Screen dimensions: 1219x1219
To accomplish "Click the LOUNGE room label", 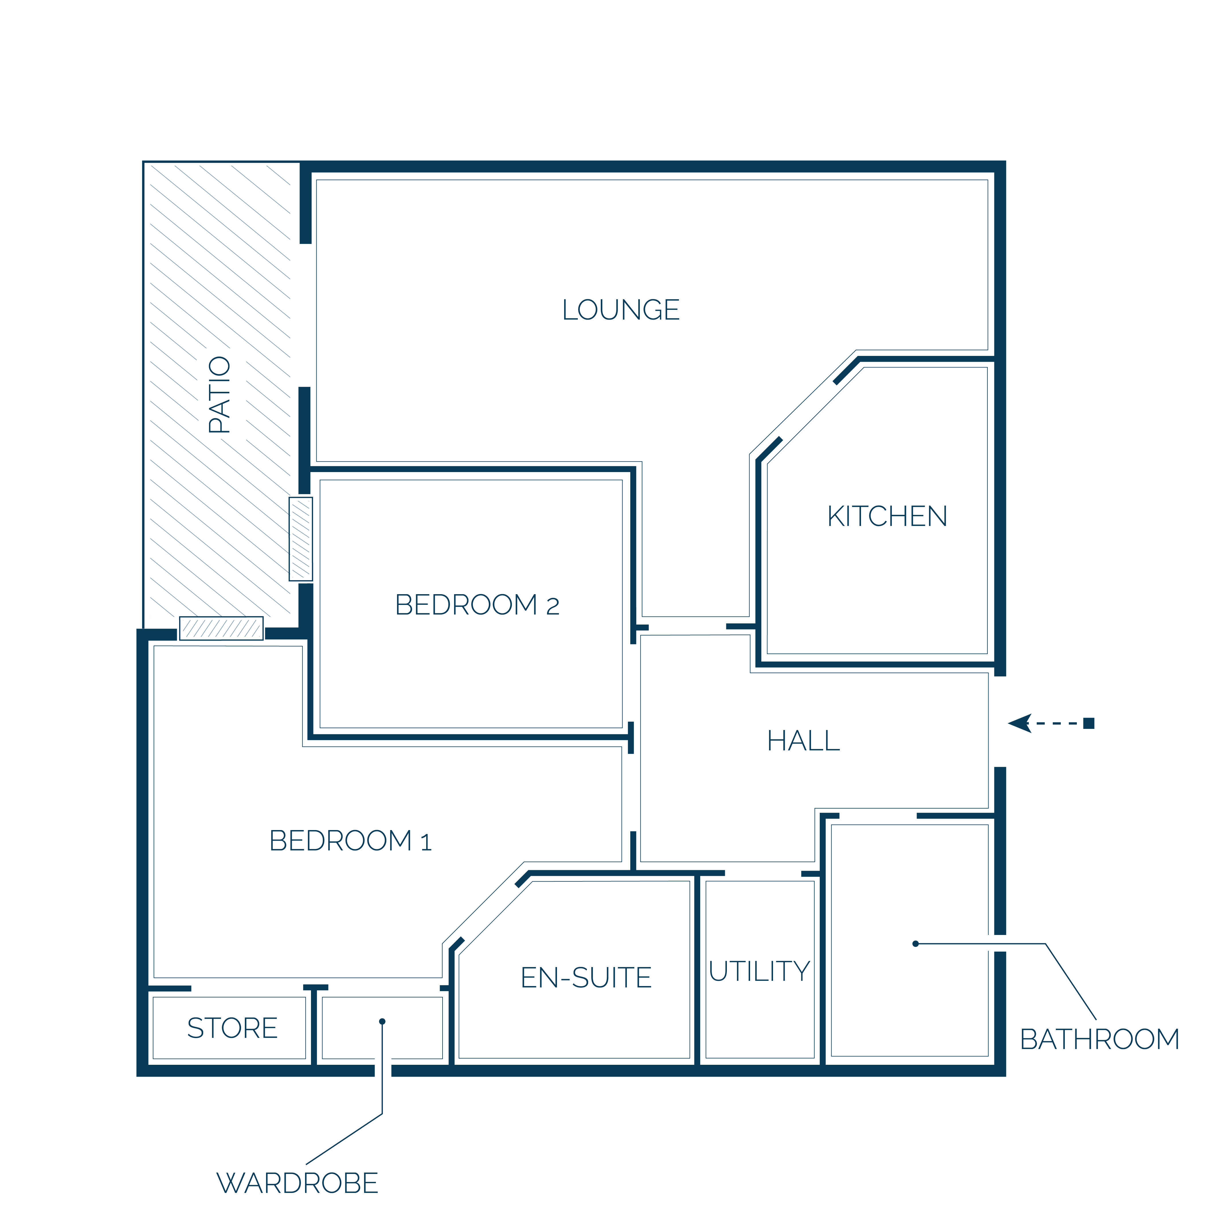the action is click(x=621, y=310).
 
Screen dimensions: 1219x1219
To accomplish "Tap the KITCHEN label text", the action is click(x=887, y=516).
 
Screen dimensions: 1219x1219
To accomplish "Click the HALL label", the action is click(x=803, y=741).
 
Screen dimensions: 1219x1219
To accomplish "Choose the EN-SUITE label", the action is click(x=586, y=977).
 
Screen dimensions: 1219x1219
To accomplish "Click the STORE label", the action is click(x=232, y=1028).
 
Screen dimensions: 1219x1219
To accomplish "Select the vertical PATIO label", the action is click(x=220, y=394).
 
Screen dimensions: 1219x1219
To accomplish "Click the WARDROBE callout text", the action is click(x=297, y=1183).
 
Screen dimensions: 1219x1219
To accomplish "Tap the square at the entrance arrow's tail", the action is click(x=1089, y=723).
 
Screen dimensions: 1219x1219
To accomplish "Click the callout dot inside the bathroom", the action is click(x=915, y=944).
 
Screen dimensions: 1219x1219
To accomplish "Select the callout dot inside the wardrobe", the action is click(x=382, y=1022).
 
